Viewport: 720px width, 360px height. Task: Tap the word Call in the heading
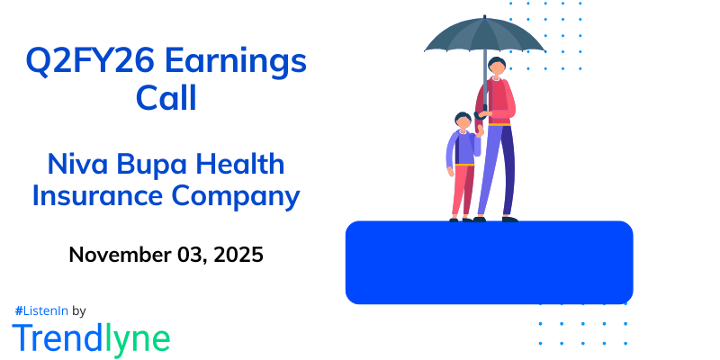166,97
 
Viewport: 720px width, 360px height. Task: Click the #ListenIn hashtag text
41,310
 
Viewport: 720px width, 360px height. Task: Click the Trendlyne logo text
91,337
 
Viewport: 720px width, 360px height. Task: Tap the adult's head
497,67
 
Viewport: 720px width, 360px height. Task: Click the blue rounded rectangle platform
489,261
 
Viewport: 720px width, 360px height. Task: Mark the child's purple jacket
462,148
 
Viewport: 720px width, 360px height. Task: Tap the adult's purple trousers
496,166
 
